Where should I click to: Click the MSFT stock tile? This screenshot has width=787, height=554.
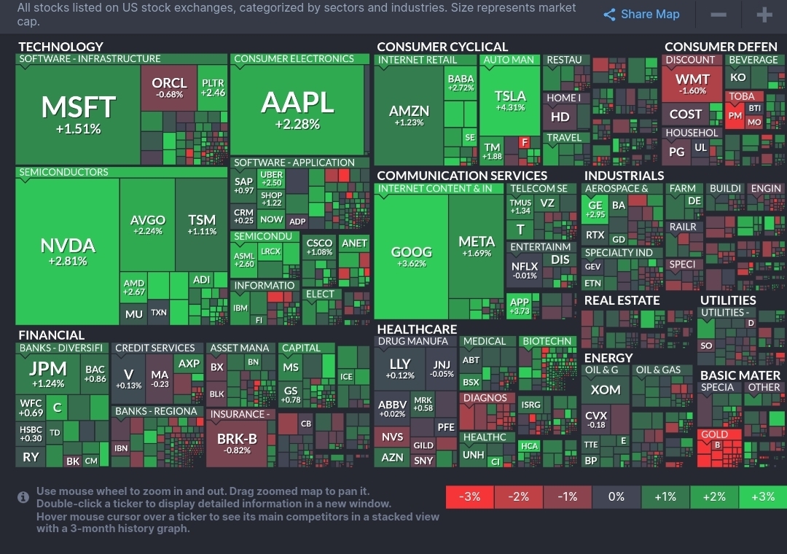coord(78,113)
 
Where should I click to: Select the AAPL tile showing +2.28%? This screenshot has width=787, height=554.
coord(297,109)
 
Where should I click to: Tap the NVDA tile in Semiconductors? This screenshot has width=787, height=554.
coord(68,250)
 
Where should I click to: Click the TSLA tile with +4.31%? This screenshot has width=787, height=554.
coord(510,100)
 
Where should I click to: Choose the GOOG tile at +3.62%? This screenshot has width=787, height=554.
coord(412,256)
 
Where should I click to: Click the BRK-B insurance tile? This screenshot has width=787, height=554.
coord(238,443)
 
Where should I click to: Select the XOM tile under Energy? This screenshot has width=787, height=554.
coord(605,390)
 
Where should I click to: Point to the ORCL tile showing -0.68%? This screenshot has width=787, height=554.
coord(169,87)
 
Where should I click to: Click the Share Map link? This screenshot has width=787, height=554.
coord(642,15)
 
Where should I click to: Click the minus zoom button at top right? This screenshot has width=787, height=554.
coord(718,15)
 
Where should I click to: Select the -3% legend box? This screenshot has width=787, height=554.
coord(469,497)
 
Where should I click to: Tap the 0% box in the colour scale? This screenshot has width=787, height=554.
coord(616,497)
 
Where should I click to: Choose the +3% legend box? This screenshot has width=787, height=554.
coord(762,497)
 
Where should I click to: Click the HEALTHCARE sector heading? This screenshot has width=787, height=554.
coord(417,329)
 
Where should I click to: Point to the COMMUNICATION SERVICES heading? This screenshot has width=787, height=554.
coord(462,176)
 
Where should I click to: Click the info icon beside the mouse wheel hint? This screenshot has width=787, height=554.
coord(23,497)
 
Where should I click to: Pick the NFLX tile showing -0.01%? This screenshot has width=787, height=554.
coord(525,270)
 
